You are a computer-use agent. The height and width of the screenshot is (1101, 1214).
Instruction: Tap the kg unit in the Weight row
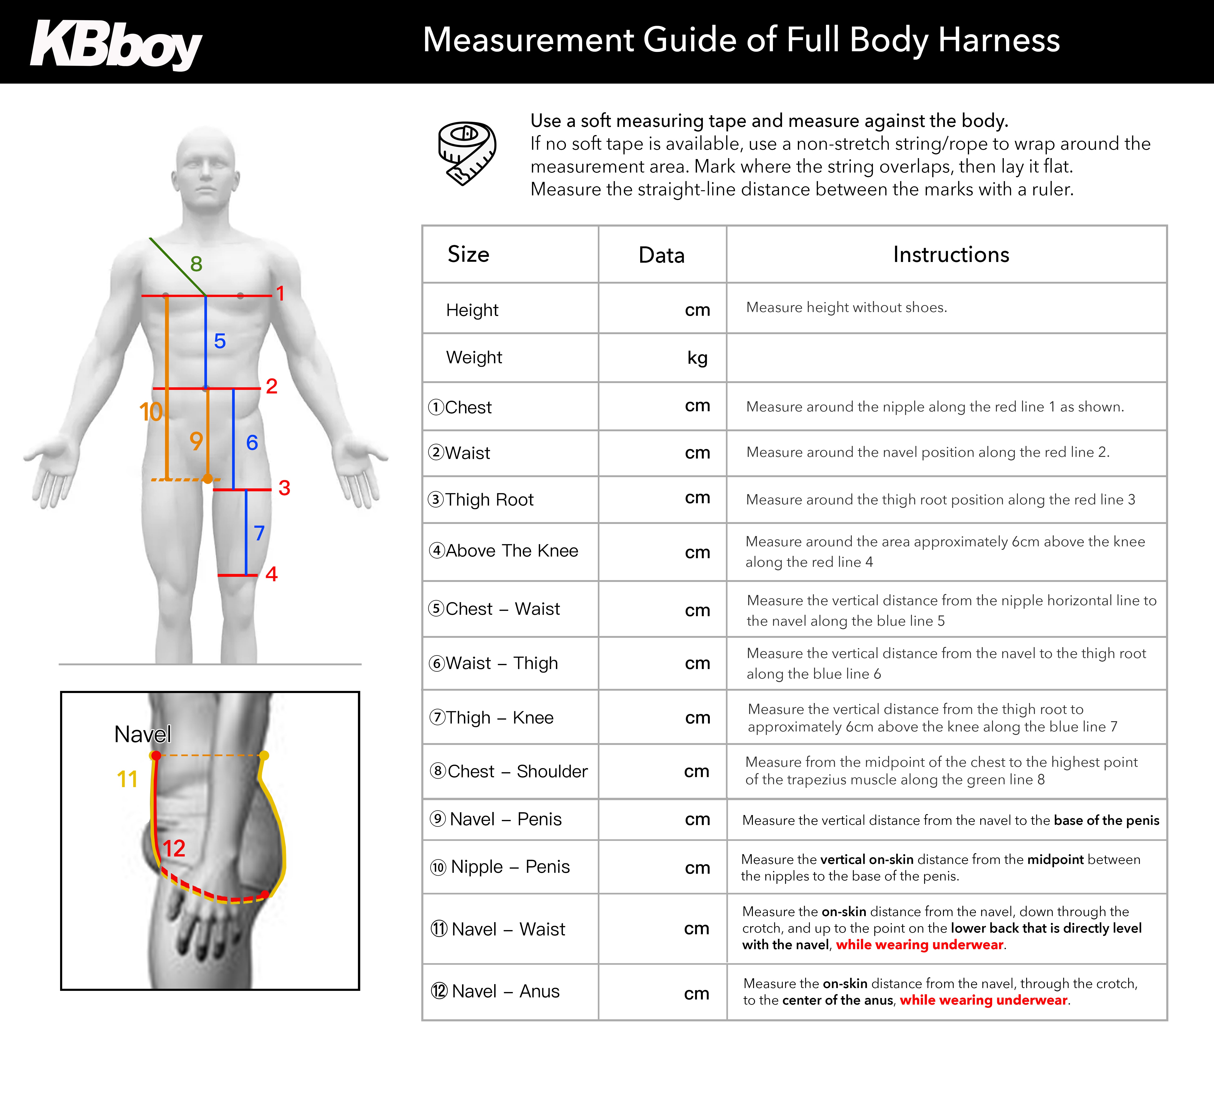click(x=697, y=358)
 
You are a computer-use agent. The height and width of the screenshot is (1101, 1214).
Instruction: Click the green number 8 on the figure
click(x=196, y=264)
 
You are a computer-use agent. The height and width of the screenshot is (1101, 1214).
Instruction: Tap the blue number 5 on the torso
click(x=220, y=341)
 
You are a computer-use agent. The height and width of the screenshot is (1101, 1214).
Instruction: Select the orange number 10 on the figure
click(x=150, y=412)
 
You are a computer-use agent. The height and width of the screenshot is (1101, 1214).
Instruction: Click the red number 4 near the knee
click(x=272, y=574)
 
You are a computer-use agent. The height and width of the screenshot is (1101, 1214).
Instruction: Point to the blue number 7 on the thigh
click(x=259, y=533)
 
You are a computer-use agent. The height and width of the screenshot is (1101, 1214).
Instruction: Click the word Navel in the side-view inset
click(x=143, y=734)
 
